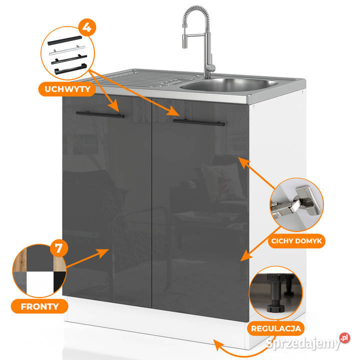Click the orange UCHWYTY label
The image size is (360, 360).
(67, 89)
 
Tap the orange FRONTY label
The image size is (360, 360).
(39, 306)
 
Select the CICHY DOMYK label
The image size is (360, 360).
(296, 241)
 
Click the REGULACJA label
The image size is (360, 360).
(275, 328)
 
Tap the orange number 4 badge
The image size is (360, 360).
(87, 27)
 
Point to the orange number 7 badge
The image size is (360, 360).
(58, 248)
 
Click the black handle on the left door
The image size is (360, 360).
(100, 114)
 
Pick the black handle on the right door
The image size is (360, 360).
(199, 122)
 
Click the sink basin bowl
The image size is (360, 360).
(229, 84)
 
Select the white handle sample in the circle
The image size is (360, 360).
(67, 50)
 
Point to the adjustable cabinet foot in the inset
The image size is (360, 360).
(275, 294)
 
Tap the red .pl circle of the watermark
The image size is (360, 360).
(344, 337)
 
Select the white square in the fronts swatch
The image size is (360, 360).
(40, 282)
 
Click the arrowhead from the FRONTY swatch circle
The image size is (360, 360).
(102, 253)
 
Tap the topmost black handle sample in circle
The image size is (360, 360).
(64, 40)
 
